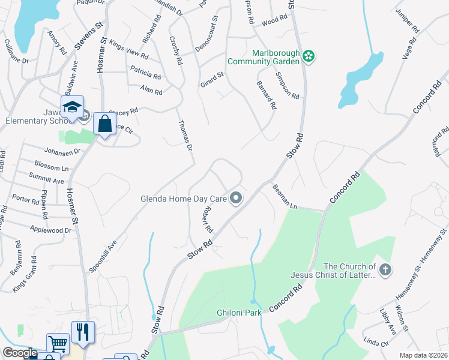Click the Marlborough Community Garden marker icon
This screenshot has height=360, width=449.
[x=309, y=56]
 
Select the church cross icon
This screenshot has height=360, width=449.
[x=385, y=270]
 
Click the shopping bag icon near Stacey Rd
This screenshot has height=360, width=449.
[x=104, y=124]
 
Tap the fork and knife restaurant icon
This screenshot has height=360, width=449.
[x=83, y=332]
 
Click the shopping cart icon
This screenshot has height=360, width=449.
[x=58, y=344]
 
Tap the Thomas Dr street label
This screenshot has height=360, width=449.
[x=185, y=135]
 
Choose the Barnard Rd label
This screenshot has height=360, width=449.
[x=266, y=95]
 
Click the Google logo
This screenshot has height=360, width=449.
[x=20, y=353]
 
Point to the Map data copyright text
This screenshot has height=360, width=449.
[x=423, y=355]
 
